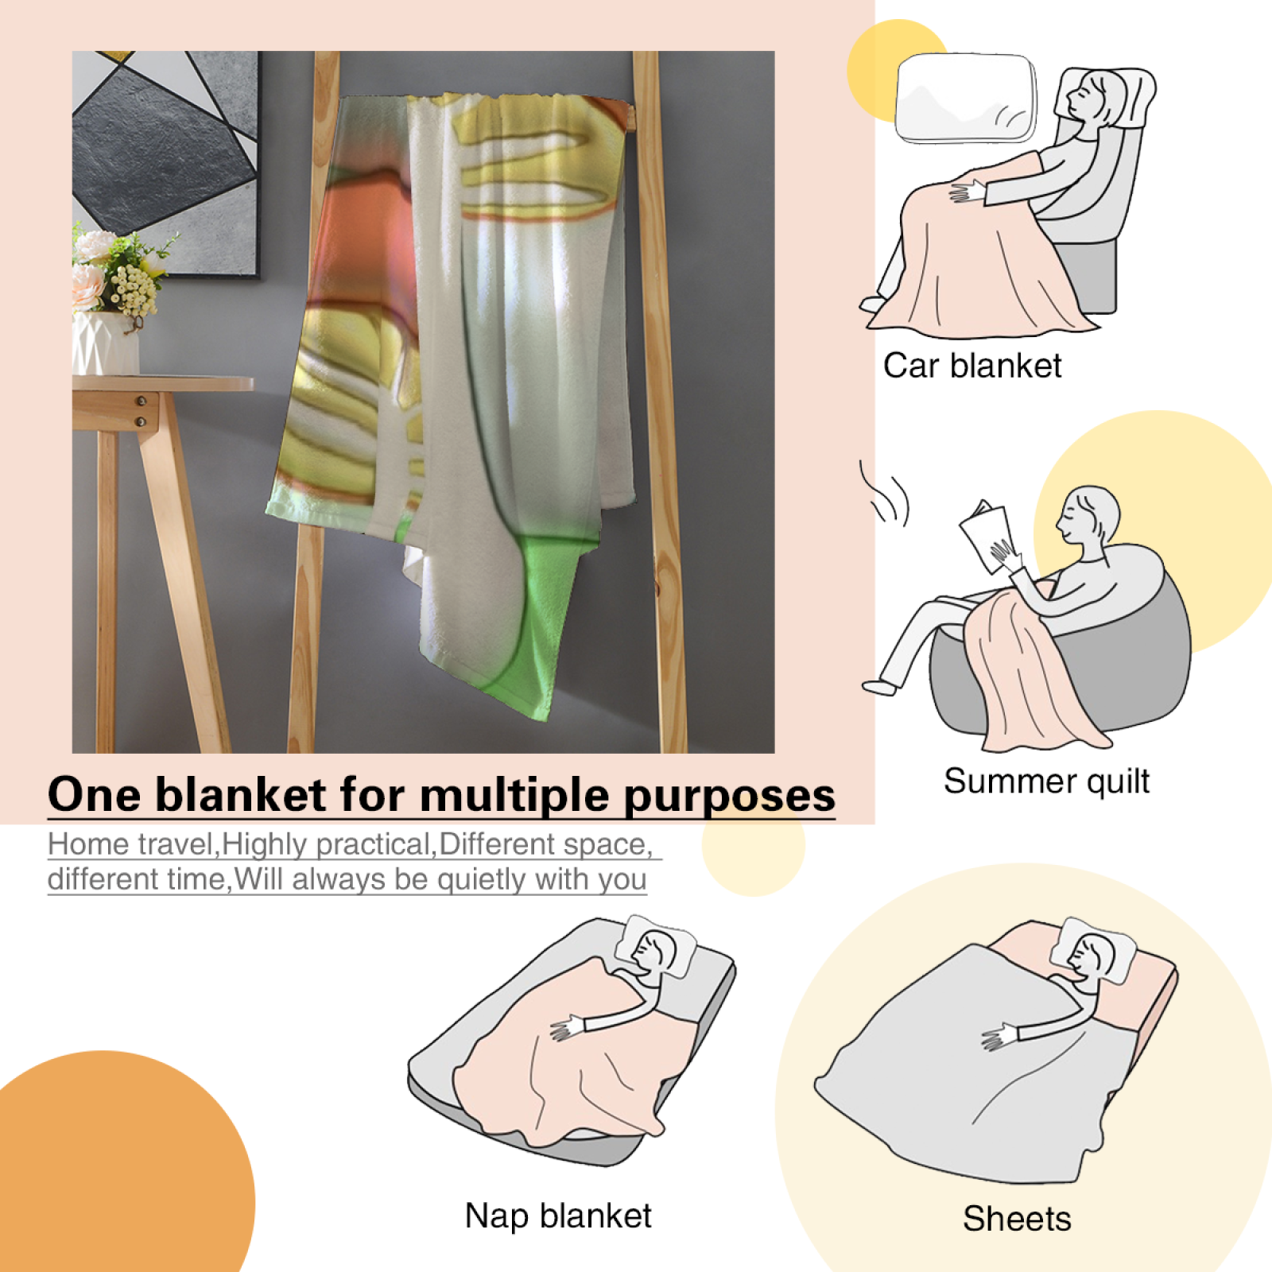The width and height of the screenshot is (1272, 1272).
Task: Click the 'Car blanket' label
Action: [972, 366]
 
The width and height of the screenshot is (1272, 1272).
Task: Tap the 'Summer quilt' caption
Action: [1046, 781]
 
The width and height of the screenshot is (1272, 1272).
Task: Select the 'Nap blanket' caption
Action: [558, 1216]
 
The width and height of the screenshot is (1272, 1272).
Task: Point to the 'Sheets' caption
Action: [1017, 1219]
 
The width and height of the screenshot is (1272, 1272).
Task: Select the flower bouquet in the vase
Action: [119, 270]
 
